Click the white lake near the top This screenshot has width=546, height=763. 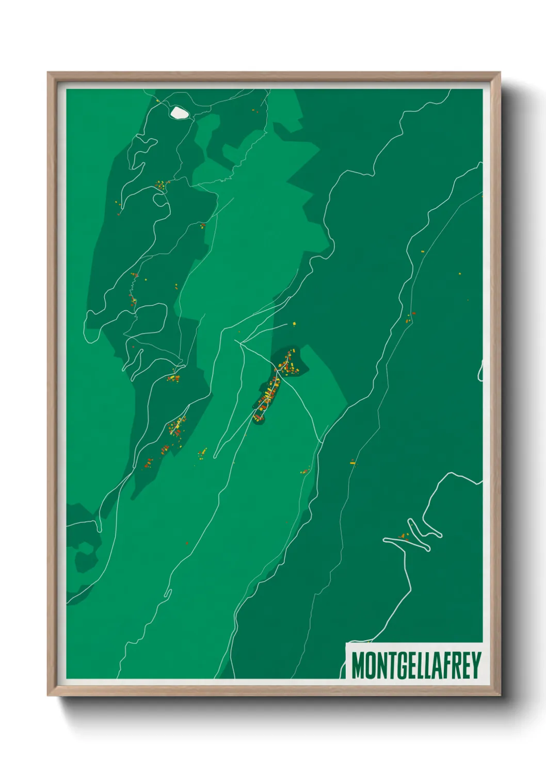coord(179,113)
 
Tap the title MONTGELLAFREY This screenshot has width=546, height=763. coord(416,666)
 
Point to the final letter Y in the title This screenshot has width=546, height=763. coord(475,666)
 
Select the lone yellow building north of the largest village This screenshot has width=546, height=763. coord(294,324)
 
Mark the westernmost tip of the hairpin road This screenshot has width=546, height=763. coord(384,540)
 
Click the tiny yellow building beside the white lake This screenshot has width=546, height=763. coord(157,101)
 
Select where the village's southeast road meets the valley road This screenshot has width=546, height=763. coord(321,442)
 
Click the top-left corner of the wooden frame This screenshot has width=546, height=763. coord(48,73)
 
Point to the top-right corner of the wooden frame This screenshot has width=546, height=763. coord(500,73)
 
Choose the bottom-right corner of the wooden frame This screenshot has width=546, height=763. coord(500,695)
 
